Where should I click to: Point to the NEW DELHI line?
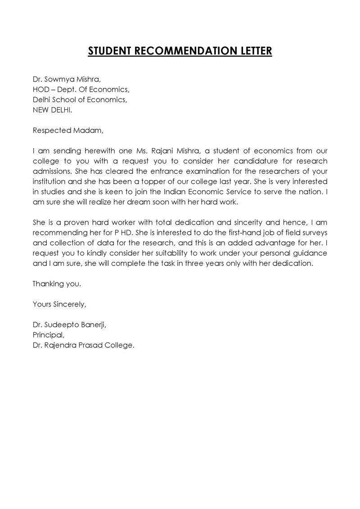tap(52, 108)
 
